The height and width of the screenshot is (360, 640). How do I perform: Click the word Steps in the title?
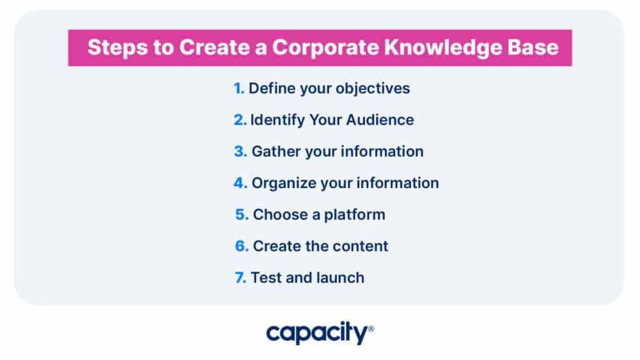[113, 48]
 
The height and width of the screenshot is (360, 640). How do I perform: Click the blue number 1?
[238, 88]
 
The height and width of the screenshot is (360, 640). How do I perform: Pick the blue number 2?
[240, 120]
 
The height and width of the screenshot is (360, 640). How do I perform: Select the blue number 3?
[240, 152]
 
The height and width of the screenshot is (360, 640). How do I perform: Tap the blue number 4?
[240, 183]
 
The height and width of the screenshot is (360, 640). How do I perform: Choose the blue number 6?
[242, 246]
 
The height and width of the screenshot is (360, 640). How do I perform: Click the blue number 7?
[240, 278]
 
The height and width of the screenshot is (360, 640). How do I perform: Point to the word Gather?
[274, 152]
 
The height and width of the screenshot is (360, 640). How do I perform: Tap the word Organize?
[283, 183]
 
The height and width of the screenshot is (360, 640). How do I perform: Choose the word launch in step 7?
[340, 278]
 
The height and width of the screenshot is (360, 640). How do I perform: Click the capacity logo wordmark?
[316, 334]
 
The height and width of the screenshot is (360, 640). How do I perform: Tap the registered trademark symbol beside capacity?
[371, 329]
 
